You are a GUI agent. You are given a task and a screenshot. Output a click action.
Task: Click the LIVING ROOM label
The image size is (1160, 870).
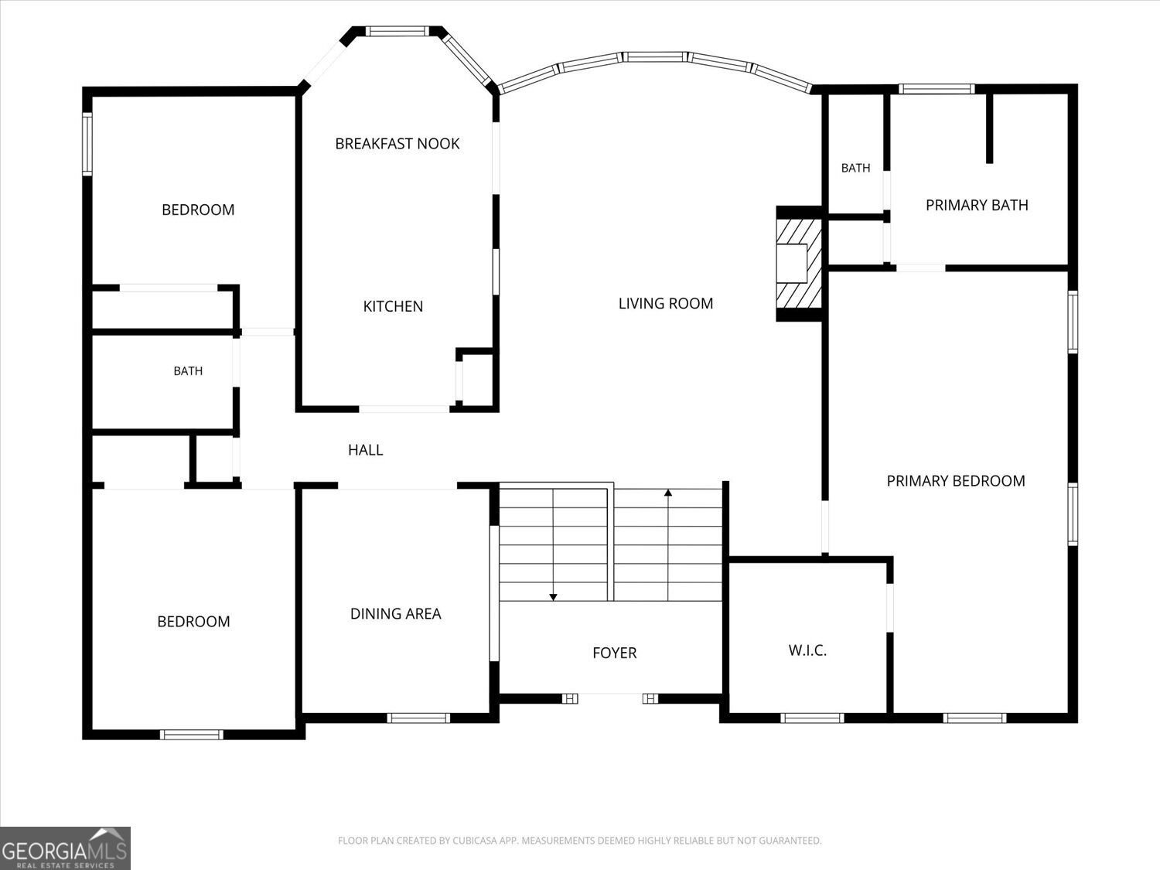tap(665, 303)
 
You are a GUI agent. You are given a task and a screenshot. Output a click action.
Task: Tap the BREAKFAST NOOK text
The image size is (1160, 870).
tap(397, 144)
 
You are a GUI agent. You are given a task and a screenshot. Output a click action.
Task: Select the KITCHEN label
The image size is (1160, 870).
tap(393, 306)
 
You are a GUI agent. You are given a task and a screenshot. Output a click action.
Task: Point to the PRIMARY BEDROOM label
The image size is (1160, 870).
tap(956, 481)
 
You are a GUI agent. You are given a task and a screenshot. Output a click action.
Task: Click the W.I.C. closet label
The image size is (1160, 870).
tap(807, 650)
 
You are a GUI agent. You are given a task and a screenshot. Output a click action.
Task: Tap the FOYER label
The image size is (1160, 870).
tap(614, 653)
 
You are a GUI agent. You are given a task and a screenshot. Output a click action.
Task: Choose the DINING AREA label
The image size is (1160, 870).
tap(395, 613)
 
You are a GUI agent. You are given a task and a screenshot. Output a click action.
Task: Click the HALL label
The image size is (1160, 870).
tap(365, 449)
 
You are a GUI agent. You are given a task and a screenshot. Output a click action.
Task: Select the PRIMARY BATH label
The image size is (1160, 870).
tap(977, 205)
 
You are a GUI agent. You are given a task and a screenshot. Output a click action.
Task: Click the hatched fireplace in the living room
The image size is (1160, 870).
tap(799, 263)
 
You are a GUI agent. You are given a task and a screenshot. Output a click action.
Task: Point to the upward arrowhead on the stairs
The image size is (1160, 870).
tap(668, 493)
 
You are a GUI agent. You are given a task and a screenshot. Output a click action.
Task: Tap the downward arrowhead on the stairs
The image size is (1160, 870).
tap(553, 597)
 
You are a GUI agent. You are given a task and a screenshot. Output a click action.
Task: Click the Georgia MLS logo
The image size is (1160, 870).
tap(65, 848)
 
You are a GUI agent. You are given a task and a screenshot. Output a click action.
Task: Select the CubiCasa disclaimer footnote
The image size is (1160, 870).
tap(580, 840)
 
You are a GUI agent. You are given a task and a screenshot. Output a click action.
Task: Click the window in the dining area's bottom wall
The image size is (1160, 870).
tap(418, 718)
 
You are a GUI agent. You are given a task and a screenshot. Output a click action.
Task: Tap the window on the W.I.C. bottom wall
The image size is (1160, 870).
tap(812, 718)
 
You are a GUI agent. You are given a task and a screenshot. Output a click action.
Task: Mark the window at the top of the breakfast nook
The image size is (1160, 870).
tap(397, 31)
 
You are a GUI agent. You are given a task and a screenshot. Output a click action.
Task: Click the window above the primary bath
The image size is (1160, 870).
tap(937, 89)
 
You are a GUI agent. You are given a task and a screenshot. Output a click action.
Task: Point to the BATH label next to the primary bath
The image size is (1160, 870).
tap(855, 168)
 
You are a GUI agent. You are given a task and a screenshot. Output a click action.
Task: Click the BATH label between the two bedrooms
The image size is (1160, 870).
tap(188, 371)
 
